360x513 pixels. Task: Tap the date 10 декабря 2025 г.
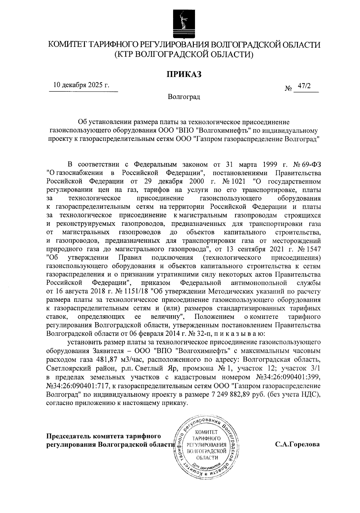pos(81,85)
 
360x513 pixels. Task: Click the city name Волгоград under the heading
pos(184,97)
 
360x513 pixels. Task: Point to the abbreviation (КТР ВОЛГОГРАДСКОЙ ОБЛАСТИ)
pos(184,55)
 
